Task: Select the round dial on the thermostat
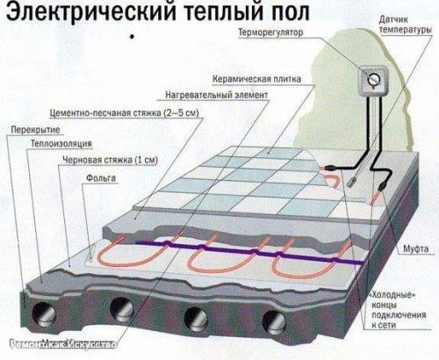[x=371, y=80]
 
